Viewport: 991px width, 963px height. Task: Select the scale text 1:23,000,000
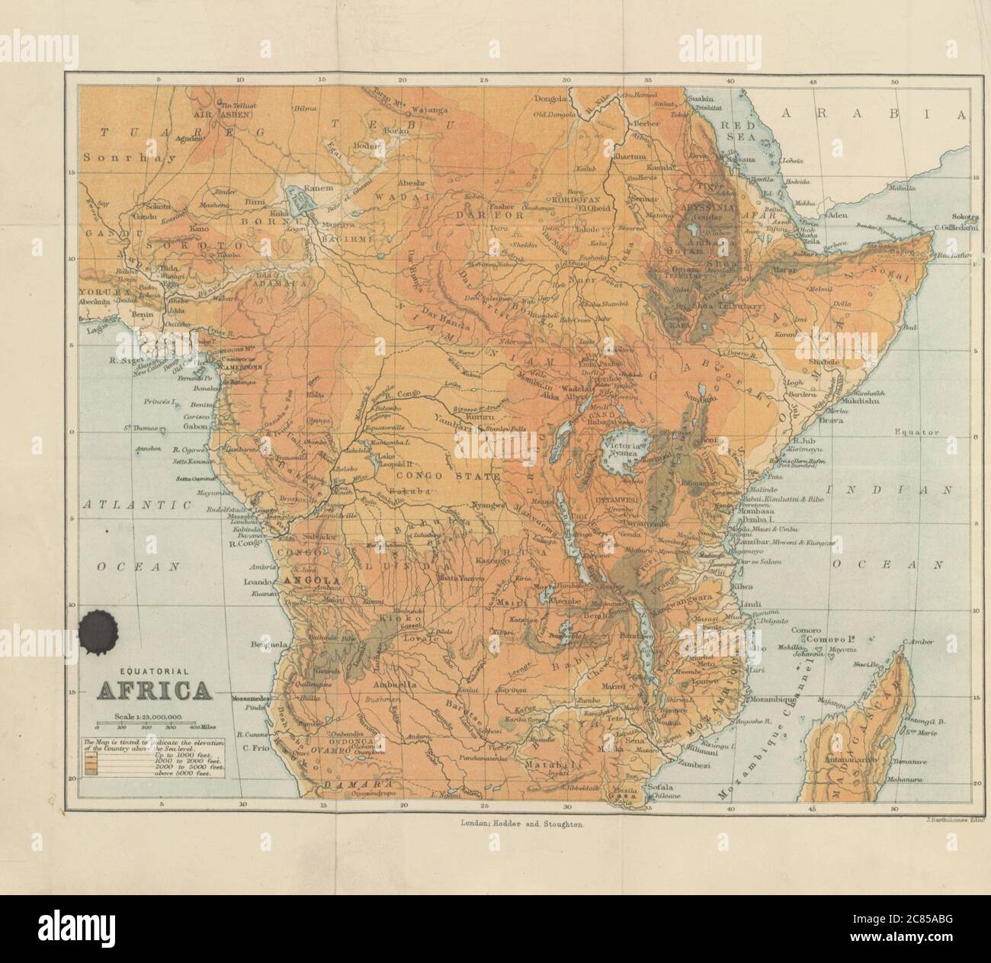(x=148, y=716)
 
